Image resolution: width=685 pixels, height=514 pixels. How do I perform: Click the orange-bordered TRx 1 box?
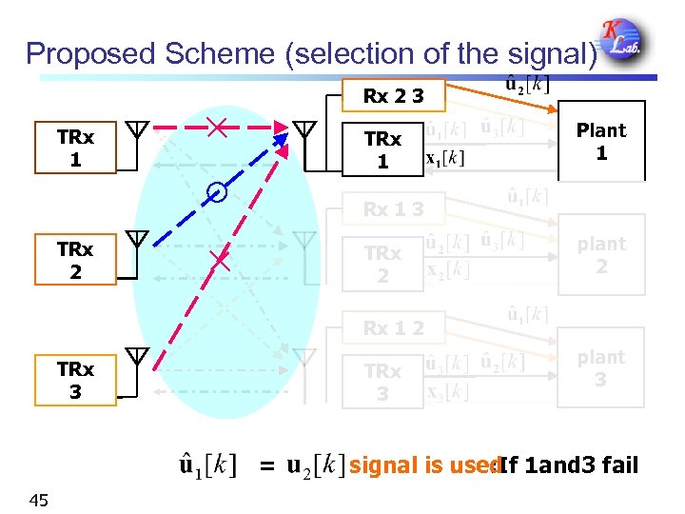coord(75,148)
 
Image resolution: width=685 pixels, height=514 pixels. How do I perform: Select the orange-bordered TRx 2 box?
coord(75,260)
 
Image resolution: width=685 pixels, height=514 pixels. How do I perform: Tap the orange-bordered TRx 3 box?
coord(75,380)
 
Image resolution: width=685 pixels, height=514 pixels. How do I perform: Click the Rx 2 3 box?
coord(393,95)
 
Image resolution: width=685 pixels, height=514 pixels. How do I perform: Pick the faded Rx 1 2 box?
coord(393,328)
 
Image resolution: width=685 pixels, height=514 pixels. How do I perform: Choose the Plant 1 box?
coord(601,141)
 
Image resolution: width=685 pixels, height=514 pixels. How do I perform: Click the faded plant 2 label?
coord(601,255)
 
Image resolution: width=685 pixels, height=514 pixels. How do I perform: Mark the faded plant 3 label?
coord(601,368)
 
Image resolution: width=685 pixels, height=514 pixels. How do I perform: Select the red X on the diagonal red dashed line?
coord(220,258)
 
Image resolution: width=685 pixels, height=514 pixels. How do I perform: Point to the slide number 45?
coord(39,500)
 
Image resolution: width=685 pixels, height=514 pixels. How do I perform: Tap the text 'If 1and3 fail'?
coord(569,465)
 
